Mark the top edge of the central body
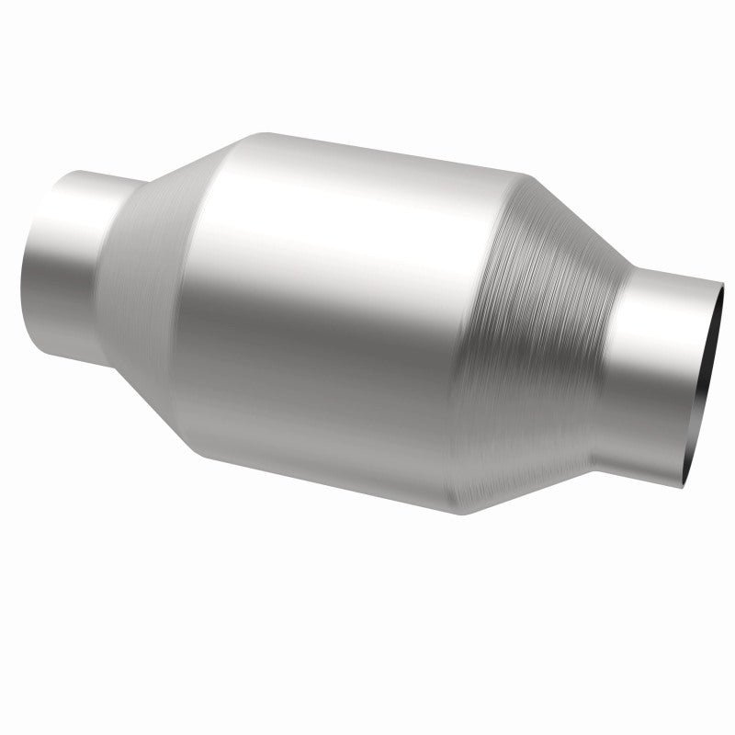367,152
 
